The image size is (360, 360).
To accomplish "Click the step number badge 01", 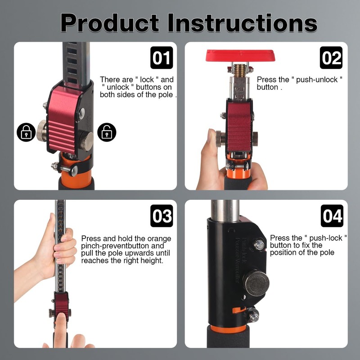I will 162,58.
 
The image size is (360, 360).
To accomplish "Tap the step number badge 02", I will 331,58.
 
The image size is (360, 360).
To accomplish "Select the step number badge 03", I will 162,216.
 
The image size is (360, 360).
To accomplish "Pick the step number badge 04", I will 332,216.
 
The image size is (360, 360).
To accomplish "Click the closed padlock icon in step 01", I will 26,132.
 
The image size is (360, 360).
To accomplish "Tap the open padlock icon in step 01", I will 107,132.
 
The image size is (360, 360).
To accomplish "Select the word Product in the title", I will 110,22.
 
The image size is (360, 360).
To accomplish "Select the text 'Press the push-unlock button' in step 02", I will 299,83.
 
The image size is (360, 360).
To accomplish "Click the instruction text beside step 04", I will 308,245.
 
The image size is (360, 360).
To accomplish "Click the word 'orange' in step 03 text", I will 160,238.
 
